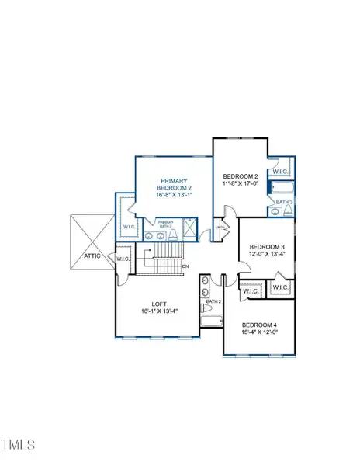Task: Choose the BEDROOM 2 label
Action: point(240,176)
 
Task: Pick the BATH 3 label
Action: point(284,202)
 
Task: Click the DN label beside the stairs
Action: point(185,267)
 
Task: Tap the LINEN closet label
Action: point(220,227)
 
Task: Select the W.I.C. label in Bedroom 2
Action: point(280,172)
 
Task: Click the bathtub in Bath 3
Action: point(281,187)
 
